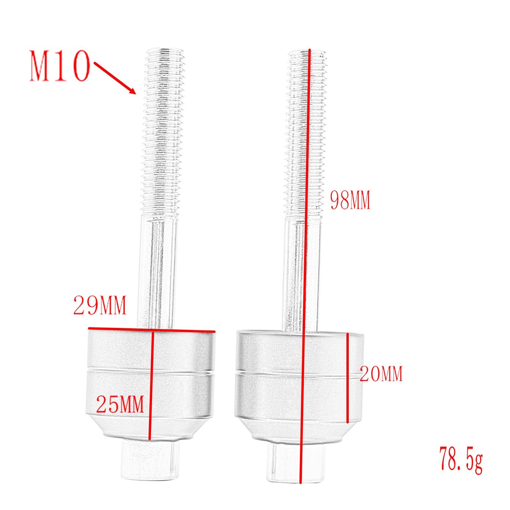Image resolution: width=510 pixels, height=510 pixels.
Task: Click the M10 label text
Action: click(x=59, y=66)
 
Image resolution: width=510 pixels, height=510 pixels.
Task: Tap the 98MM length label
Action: click(x=350, y=200)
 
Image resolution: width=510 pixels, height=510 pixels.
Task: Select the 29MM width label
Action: click(x=100, y=305)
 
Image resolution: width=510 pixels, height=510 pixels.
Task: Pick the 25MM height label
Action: click(x=120, y=404)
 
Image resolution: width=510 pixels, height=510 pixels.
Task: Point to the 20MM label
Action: click(x=381, y=374)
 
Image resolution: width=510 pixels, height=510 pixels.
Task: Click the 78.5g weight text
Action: click(x=461, y=460)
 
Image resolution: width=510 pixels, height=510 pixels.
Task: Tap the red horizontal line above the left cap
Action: click(x=152, y=330)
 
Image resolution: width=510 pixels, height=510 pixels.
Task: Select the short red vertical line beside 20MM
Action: click(x=348, y=378)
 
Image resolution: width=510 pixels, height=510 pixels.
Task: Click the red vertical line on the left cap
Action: click(x=151, y=385)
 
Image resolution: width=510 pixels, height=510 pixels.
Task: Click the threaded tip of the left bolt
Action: click(x=164, y=56)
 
